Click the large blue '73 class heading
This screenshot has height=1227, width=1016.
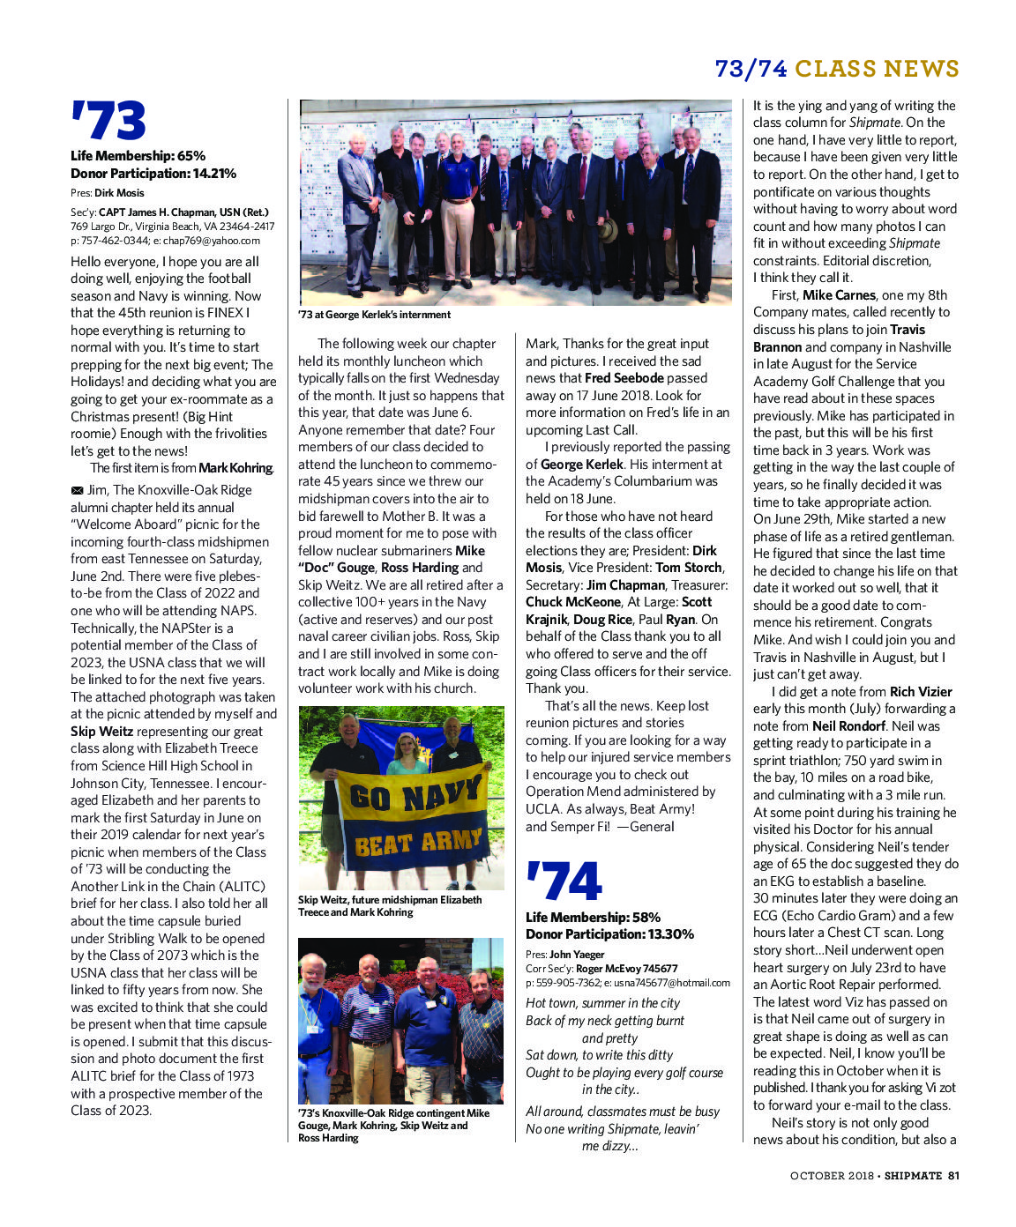click(x=108, y=122)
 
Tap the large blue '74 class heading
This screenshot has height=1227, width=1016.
click(x=564, y=882)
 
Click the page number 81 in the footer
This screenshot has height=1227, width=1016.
click(x=953, y=1175)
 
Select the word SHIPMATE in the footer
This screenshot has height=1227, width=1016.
click(x=914, y=1175)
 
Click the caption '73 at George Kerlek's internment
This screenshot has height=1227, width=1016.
click(x=374, y=315)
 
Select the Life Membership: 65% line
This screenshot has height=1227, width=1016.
click(x=138, y=156)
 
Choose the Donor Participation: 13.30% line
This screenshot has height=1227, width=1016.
click(x=609, y=934)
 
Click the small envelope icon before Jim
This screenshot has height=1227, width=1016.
click(x=77, y=490)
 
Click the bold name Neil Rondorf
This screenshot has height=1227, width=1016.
click(x=848, y=726)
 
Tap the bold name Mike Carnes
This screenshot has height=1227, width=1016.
click(x=839, y=295)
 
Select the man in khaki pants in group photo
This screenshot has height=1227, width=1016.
click(x=457, y=212)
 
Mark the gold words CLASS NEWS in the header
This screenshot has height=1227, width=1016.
click(x=877, y=69)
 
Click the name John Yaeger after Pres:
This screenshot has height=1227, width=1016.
click(x=577, y=955)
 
